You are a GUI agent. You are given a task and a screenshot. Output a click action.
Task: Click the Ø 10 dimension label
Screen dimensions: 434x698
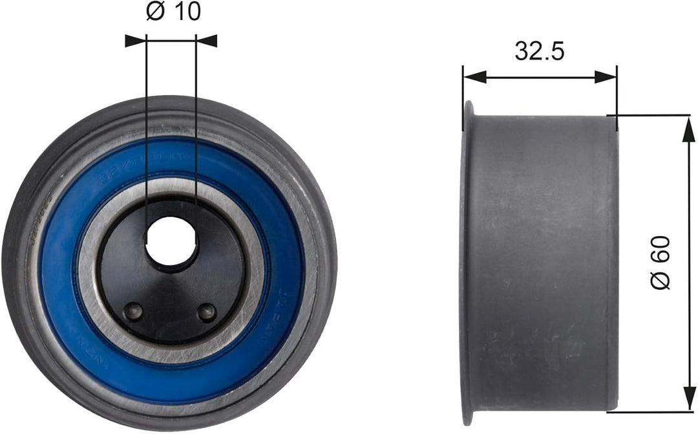point(173,13)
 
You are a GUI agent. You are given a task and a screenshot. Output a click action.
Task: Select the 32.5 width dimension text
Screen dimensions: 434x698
point(539,50)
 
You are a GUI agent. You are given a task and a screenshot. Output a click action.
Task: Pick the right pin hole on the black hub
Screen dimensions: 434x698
point(207,312)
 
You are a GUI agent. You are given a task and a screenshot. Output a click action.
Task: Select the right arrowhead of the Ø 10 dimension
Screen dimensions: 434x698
point(207,41)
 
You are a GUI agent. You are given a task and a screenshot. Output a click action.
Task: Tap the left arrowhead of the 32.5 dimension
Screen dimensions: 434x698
point(473,77)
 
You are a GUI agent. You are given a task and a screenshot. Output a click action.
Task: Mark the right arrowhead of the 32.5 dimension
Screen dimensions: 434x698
point(606,77)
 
